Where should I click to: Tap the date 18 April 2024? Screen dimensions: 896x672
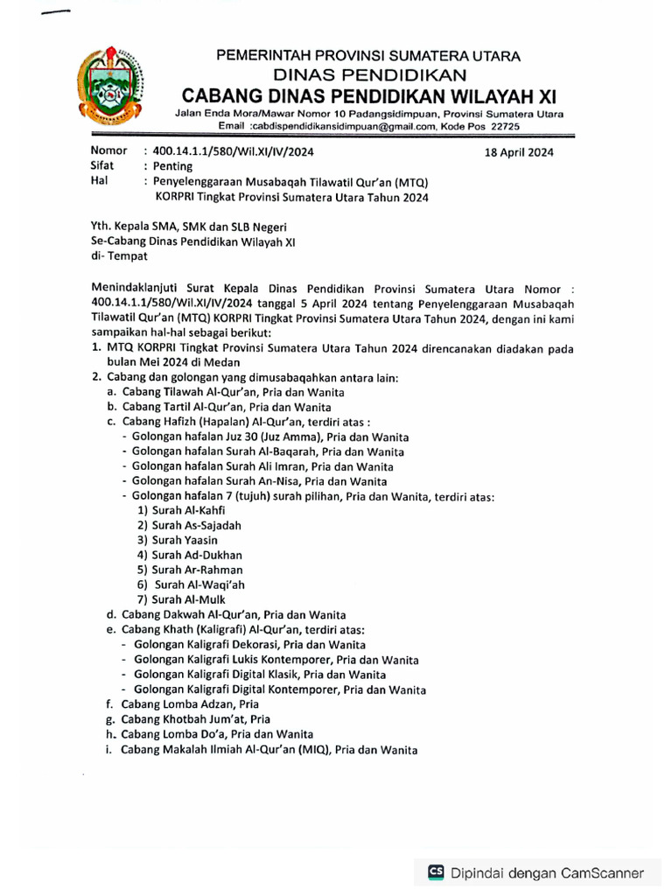tap(519, 151)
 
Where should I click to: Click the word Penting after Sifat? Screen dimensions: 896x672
tap(173, 166)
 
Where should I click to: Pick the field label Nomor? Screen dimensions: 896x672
tap(108, 151)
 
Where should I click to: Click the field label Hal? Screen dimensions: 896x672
tap(99, 181)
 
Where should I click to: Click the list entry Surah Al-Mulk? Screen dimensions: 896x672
tap(181, 599)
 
